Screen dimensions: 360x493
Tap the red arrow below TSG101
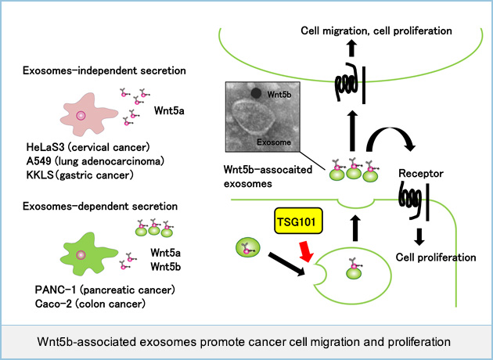310,251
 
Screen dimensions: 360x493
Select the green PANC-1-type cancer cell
82,254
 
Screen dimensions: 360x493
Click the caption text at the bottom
246,341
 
